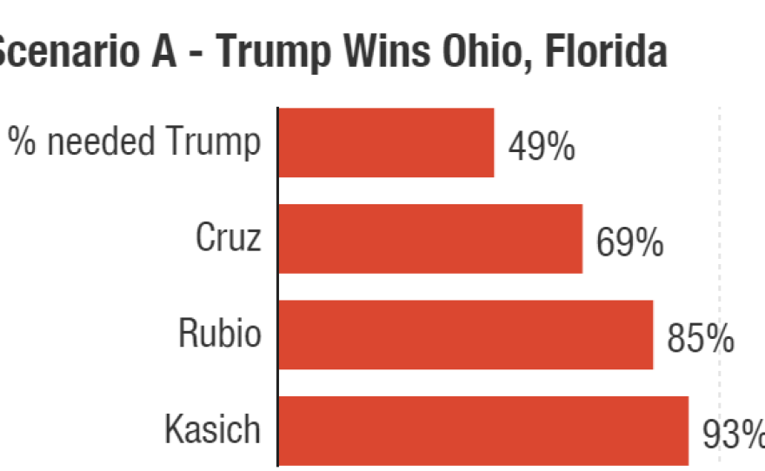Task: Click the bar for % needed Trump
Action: tap(386, 143)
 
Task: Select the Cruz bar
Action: tap(430, 239)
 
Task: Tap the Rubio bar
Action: tap(466, 335)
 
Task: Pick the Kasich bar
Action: tap(483, 431)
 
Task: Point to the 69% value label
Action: tap(629, 244)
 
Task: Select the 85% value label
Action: tap(700, 340)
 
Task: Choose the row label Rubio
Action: tap(219, 334)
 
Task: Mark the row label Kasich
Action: tap(212, 429)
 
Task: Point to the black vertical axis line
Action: tap(277, 287)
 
